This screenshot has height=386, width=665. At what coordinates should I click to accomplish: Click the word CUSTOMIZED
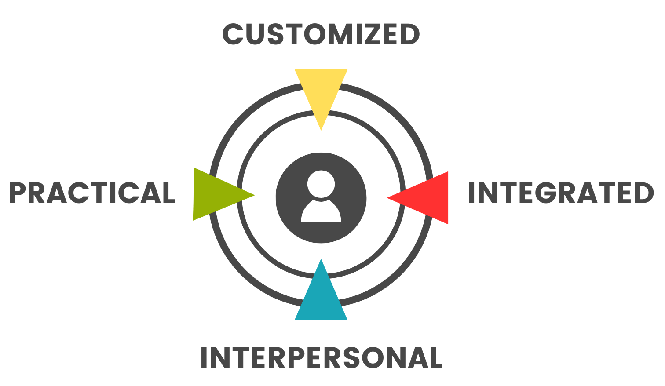click(321, 34)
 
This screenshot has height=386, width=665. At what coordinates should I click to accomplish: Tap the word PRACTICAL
click(92, 193)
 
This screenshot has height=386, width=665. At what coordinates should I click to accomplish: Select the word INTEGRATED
click(560, 193)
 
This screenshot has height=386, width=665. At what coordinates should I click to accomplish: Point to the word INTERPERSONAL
click(321, 358)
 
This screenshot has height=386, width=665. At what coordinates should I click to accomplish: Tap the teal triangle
click(321, 299)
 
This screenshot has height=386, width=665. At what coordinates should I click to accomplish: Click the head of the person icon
click(321, 184)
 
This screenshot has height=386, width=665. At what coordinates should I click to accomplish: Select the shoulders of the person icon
click(321, 213)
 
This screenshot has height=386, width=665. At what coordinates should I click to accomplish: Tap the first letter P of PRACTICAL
click(19, 193)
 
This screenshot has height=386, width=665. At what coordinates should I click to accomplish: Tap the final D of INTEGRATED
click(643, 193)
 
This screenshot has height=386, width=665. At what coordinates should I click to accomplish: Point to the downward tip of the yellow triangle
click(321, 129)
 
